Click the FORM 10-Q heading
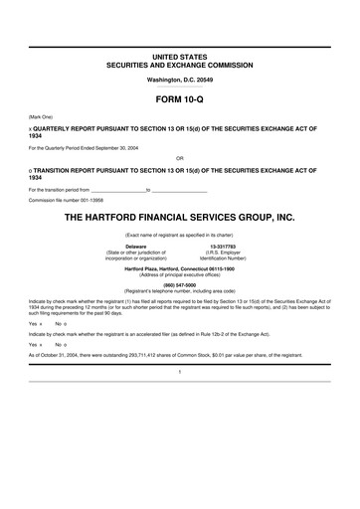pos(179,100)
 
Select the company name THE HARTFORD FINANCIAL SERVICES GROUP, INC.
pos(179,215)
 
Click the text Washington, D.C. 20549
pos(179,78)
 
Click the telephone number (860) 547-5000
pos(179,281)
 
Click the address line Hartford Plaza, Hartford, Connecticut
pos(179,268)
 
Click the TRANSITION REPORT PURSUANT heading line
pos(174,170)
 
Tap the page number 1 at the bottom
pos(179,370)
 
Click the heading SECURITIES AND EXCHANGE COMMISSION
pos(179,63)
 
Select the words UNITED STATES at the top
pos(179,55)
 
